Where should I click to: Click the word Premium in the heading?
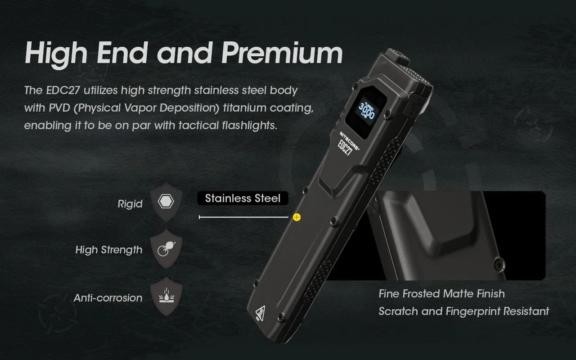pos(282,53)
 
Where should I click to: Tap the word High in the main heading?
pos(56,53)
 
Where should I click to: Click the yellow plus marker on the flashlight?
pos(297,217)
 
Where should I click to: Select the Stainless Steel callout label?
pos(243,198)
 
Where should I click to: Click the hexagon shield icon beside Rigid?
pos(166,202)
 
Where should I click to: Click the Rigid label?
pos(130,204)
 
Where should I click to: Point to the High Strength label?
pos(109,250)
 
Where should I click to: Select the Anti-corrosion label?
pos(108,298)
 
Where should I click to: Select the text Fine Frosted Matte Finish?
pos(441,294)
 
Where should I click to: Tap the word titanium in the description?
pos(244,108)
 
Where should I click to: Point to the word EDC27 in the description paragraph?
pos(63,90)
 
